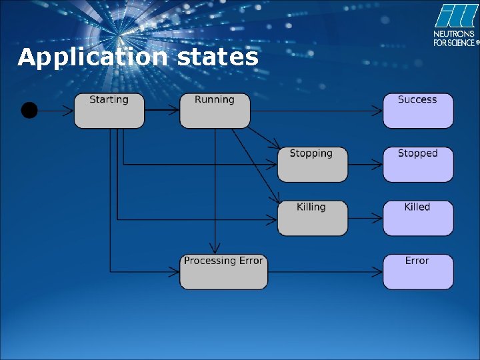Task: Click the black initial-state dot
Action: (29, 110)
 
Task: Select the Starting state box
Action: (109, 111)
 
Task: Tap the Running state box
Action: (215, 111)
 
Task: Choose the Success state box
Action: (418, 111)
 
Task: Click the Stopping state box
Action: (312, 165)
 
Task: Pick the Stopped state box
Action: (418, 165)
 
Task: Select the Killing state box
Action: (312, 218)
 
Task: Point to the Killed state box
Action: (418, 218)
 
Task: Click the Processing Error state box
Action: (223, 271)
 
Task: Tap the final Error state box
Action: (418, 271)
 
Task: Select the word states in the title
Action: (217, 58)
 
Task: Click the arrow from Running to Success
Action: (317, 110)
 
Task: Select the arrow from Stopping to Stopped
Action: (365, 164)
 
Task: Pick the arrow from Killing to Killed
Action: (365, 218)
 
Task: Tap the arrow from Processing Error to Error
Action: (325, 271)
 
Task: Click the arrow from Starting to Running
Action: (162, 110)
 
